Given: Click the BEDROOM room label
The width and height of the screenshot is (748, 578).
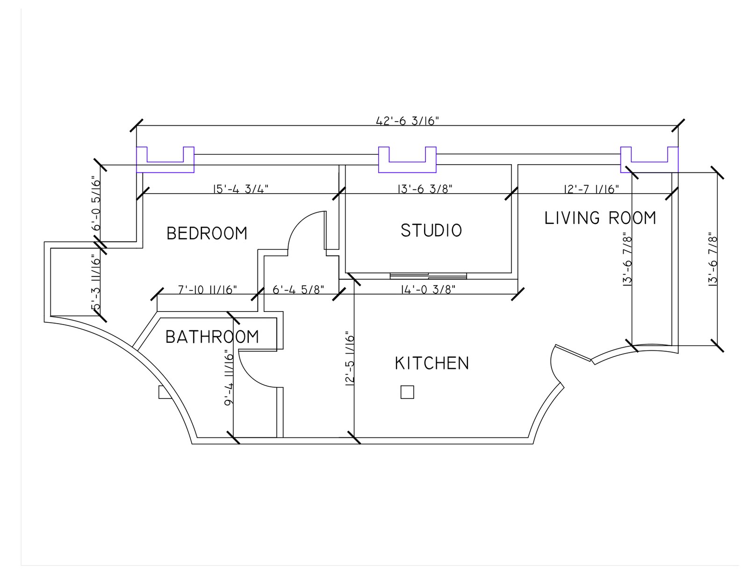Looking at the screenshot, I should [207, 233].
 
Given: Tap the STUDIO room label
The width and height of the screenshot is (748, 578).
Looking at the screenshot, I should [431, 231].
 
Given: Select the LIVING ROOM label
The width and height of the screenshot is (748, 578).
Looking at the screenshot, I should [600, 218].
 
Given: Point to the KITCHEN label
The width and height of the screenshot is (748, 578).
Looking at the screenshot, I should [432, 363].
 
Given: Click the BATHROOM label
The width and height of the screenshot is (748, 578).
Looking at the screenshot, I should [212, 337].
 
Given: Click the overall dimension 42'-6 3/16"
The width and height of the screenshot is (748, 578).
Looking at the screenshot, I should [407, 121].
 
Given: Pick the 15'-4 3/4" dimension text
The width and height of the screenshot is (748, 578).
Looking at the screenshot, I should [241, 189].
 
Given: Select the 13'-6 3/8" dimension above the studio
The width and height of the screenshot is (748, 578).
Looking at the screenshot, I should [424, 189].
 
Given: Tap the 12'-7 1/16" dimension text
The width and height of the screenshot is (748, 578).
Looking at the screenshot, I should [591, 189].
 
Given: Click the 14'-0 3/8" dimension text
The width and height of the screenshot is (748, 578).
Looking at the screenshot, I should [428, 289].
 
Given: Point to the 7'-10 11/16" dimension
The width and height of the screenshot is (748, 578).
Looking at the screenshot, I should [208, 289].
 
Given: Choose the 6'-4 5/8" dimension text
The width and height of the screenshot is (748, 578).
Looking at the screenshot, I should [298, 289].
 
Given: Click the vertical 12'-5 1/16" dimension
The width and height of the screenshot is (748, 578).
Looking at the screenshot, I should [350, 358].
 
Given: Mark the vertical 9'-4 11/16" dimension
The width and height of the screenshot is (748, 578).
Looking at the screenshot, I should [229, 377].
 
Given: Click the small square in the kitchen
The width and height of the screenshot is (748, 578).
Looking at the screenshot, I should [407, 392].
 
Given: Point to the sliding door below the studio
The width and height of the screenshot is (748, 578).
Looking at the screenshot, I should [428, 275].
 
